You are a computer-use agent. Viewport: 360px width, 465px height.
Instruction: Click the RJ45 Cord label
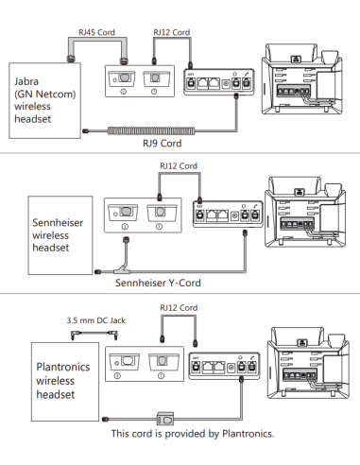pyautogui.click(x=97, y=31)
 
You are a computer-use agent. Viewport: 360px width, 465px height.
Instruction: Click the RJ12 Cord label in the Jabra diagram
pyautogui.click(x=172, y=31)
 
